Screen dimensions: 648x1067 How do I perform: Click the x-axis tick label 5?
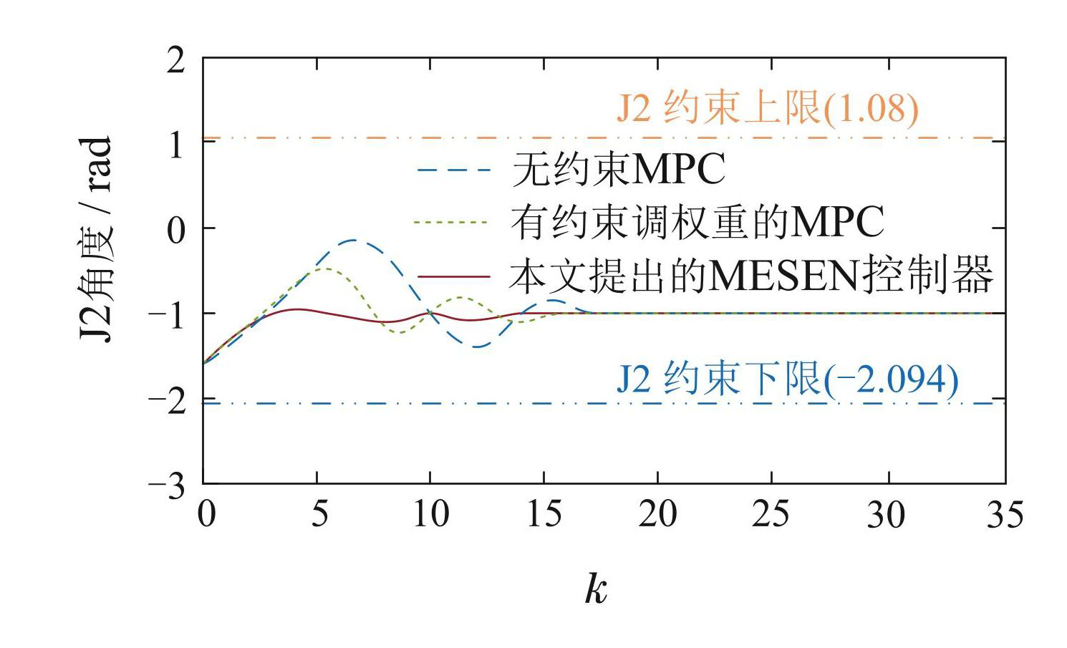[x=319, y=514]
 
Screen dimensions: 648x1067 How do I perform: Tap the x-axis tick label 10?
[x=431, y=514]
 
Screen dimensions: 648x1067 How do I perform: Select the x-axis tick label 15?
[x=545, y=514]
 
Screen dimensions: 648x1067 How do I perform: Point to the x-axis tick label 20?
[x=658, y=514]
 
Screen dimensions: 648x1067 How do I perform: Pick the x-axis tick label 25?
[x=771, y=514]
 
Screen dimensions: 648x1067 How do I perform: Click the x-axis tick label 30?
[x=886, y=514]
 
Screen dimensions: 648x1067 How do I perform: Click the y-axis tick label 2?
[x=175, y=60]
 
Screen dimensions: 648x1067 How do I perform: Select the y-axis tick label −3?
[x=167, y=487]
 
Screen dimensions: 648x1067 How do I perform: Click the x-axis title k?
[x=596, y=589]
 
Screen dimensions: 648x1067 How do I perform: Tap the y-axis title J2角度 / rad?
[x=97, y=241]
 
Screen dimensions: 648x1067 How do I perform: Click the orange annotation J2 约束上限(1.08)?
[x=767, y=109]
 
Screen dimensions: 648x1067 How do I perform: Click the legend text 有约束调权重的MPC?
[x=697, y=222]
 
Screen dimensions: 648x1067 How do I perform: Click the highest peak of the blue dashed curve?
[x=354, y=240]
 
